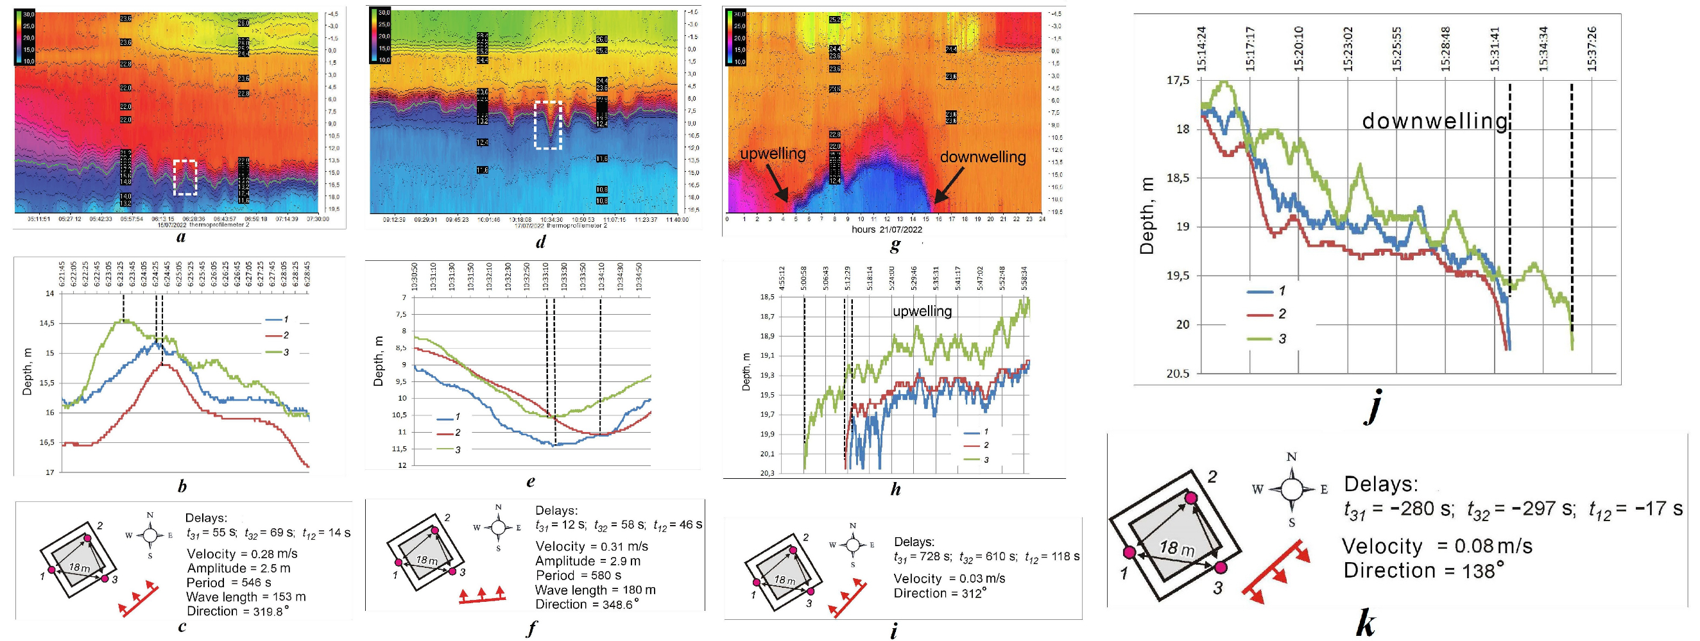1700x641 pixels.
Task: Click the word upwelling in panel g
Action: tap(772, 154)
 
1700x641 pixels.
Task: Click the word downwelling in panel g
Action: tap(982, 157)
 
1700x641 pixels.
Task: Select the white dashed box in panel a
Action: tap(185, 178)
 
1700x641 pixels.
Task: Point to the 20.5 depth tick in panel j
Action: tap(1178, 374)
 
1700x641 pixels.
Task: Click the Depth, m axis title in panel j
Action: tap(1147, 215)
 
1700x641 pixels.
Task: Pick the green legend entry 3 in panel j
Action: tap(1266, 339)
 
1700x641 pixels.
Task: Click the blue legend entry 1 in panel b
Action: tap(277, 320)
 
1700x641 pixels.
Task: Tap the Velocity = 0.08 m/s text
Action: tap(1437, 546)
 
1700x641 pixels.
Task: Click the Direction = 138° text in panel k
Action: tap(1423, 570)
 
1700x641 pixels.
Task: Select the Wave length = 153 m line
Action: tap(246, 597)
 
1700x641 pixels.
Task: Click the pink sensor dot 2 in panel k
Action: tap(1190, 498)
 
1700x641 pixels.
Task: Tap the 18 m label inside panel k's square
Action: tap(1177, 547)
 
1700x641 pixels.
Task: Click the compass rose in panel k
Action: tap(1291, 488)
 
